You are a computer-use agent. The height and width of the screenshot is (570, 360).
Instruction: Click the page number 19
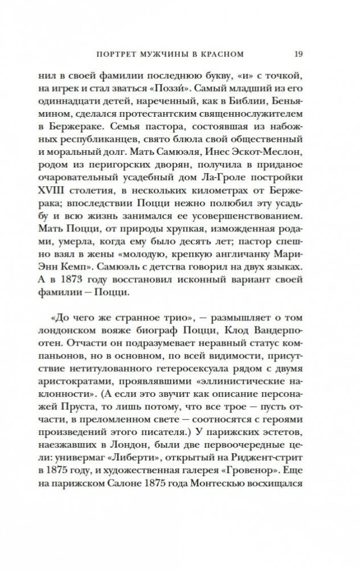[298, 55]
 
